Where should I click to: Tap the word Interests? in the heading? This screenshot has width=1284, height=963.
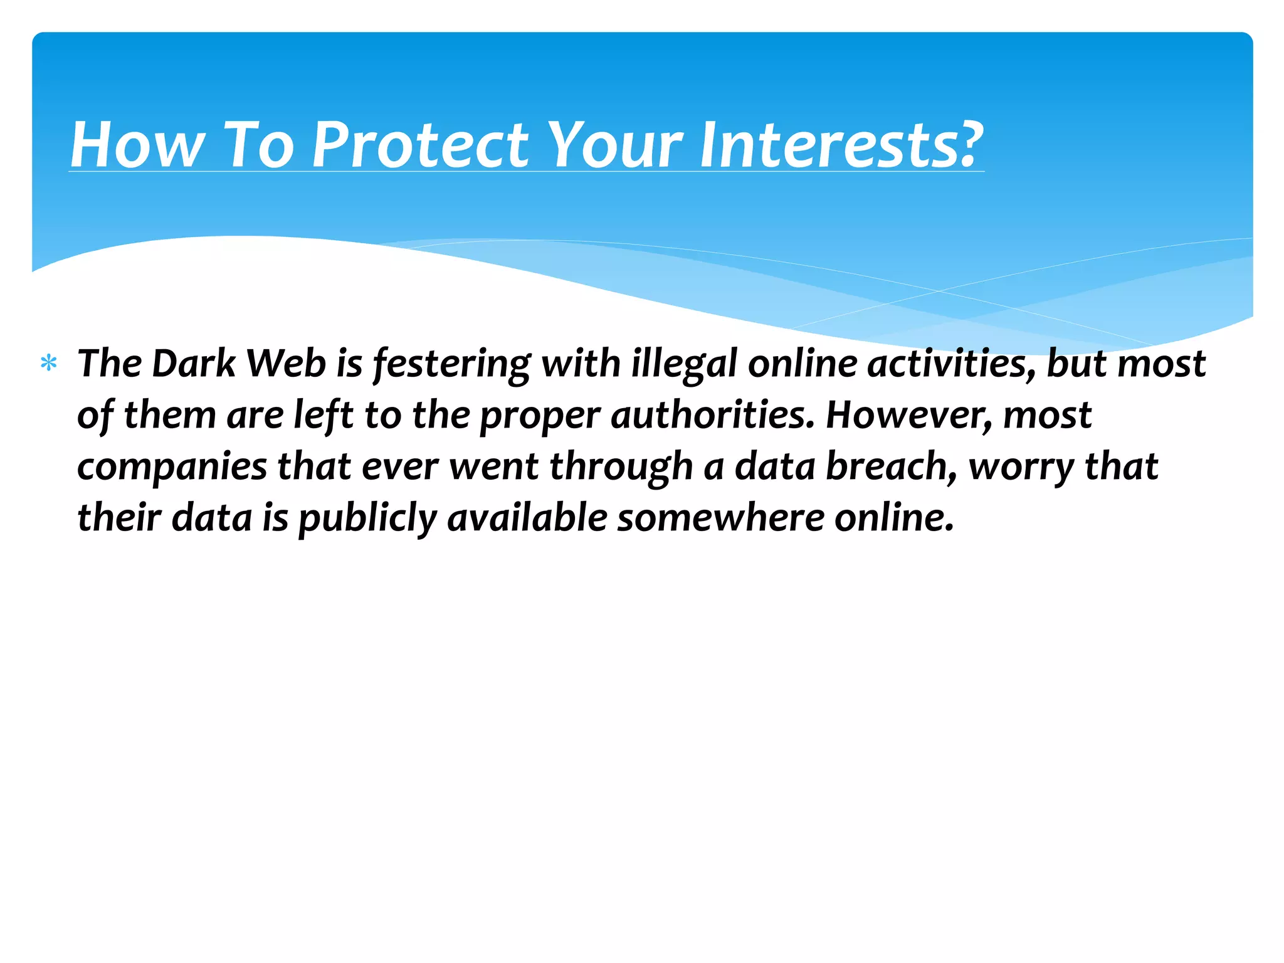point(841,145)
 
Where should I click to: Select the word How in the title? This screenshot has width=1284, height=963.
point(137,145)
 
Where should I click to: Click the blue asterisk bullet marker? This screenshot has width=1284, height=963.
point(48,364)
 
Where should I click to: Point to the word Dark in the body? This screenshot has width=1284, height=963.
point(193,364)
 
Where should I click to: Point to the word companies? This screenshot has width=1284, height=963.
point(172,468)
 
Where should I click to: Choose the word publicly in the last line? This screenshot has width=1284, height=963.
point(367,519)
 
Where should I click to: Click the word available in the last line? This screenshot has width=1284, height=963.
point(527,518)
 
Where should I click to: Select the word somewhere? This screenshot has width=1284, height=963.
point(720,518)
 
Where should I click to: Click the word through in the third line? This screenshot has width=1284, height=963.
point(621,468)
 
